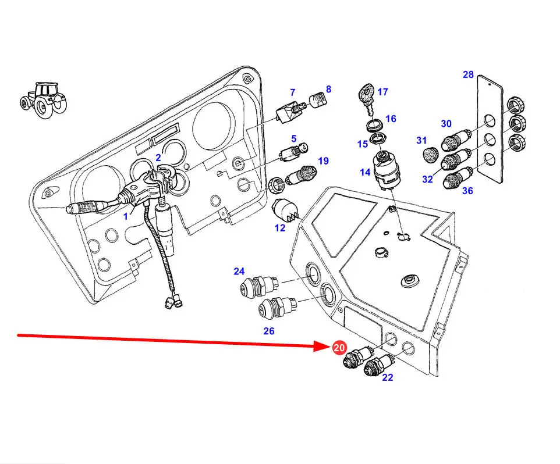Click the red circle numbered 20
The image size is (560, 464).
(338, 348)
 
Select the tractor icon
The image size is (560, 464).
(44, 99)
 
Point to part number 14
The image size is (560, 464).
(365, 172)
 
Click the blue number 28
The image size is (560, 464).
(469, 74)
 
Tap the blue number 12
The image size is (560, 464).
(280, 228)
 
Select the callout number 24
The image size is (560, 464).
(239, 271)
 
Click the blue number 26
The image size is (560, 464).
(268, 331)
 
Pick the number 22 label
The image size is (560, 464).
(388, 377)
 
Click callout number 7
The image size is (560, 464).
(293, 92)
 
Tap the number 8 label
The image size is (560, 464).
(328, 89)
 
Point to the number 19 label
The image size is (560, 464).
(323, 160)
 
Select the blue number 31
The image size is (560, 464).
(422, 140)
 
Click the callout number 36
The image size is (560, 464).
(467, 190)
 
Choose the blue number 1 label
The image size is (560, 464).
(126, 216)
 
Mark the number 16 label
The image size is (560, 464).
(391, 119)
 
